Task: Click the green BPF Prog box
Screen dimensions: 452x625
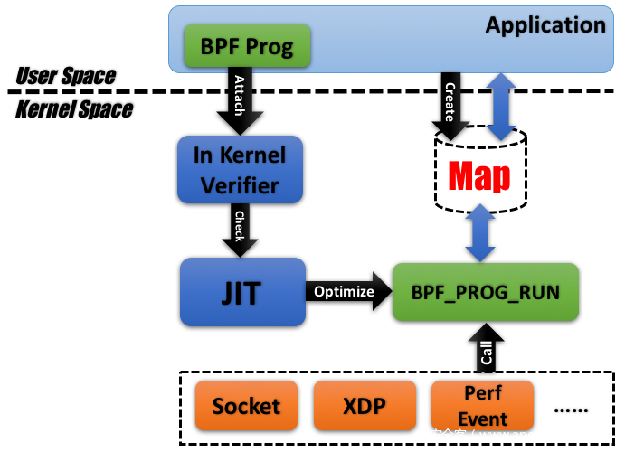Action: pos(247,47)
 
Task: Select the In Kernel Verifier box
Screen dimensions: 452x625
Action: pos(240,170)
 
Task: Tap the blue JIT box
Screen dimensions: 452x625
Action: pos(242,292)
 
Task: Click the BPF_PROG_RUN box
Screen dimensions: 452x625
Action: pos(486,292)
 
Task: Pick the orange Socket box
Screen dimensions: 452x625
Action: pos(246,406)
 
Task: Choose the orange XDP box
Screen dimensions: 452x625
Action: pos(365,406)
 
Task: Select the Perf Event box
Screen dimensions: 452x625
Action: pos(482,406)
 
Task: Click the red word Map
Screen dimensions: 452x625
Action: pos(479,176)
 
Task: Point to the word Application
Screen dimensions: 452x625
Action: pos(545,24)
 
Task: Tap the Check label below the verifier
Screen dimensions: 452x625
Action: pos(240,226)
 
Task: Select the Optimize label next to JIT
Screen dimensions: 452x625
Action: pos(344,291)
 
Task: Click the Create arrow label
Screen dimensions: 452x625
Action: pos(450,101)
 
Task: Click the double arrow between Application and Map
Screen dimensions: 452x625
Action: pos(500,107)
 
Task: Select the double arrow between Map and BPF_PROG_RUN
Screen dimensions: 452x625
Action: pos(480,233)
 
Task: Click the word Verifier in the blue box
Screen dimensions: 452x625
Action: pos(240,185)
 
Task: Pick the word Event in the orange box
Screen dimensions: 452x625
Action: pos(482,419)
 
